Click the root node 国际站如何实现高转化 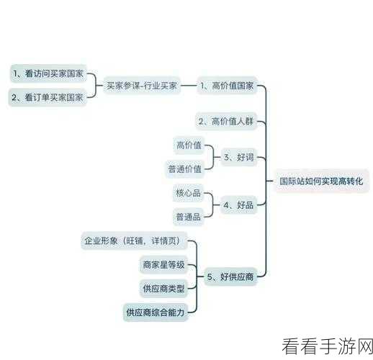coord(321,181)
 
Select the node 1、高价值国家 coord(227,86)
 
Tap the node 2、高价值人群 coord(226,121)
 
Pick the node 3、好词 coord(239,157)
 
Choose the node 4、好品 coord(238,205)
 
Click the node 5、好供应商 coord(230,276)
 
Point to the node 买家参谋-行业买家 coord(142,86)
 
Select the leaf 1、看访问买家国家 coord(48,73)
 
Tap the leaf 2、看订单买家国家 coord(48,97)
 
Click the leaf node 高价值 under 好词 coord(189,145)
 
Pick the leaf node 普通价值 coord(185,169)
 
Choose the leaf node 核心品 coord(188,193)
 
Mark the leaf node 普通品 coord(189,217)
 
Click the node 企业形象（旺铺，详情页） coord(134,240)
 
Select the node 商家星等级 coord(163,265)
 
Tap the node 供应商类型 coord(163,289)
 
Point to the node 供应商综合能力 coord(156,312)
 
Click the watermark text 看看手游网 coord(327,346)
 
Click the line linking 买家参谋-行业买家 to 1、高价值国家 coord(189,86)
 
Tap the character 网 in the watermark coord(364,346)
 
